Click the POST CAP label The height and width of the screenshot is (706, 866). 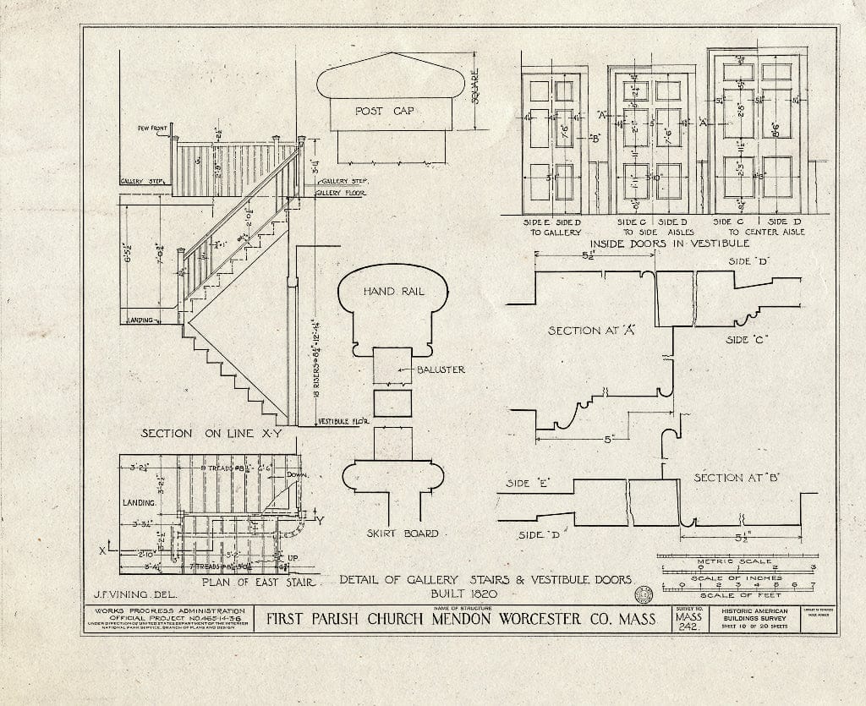coord(383,111)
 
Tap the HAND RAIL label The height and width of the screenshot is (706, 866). coord(393,291)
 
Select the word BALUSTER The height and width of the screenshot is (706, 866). coord(440,369)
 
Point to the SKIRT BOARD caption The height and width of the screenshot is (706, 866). coord(403,534)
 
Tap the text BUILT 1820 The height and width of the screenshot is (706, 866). coord(485,593)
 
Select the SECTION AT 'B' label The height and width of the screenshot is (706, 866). coord(735,478)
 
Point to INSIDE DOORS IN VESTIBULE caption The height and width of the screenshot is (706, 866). coord(662,244)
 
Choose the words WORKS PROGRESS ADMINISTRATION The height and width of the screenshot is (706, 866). coord(169,610)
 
